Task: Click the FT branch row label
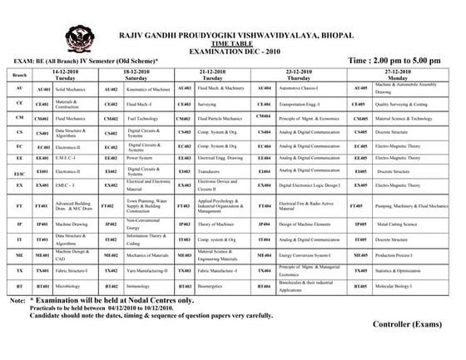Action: (18, 205)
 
